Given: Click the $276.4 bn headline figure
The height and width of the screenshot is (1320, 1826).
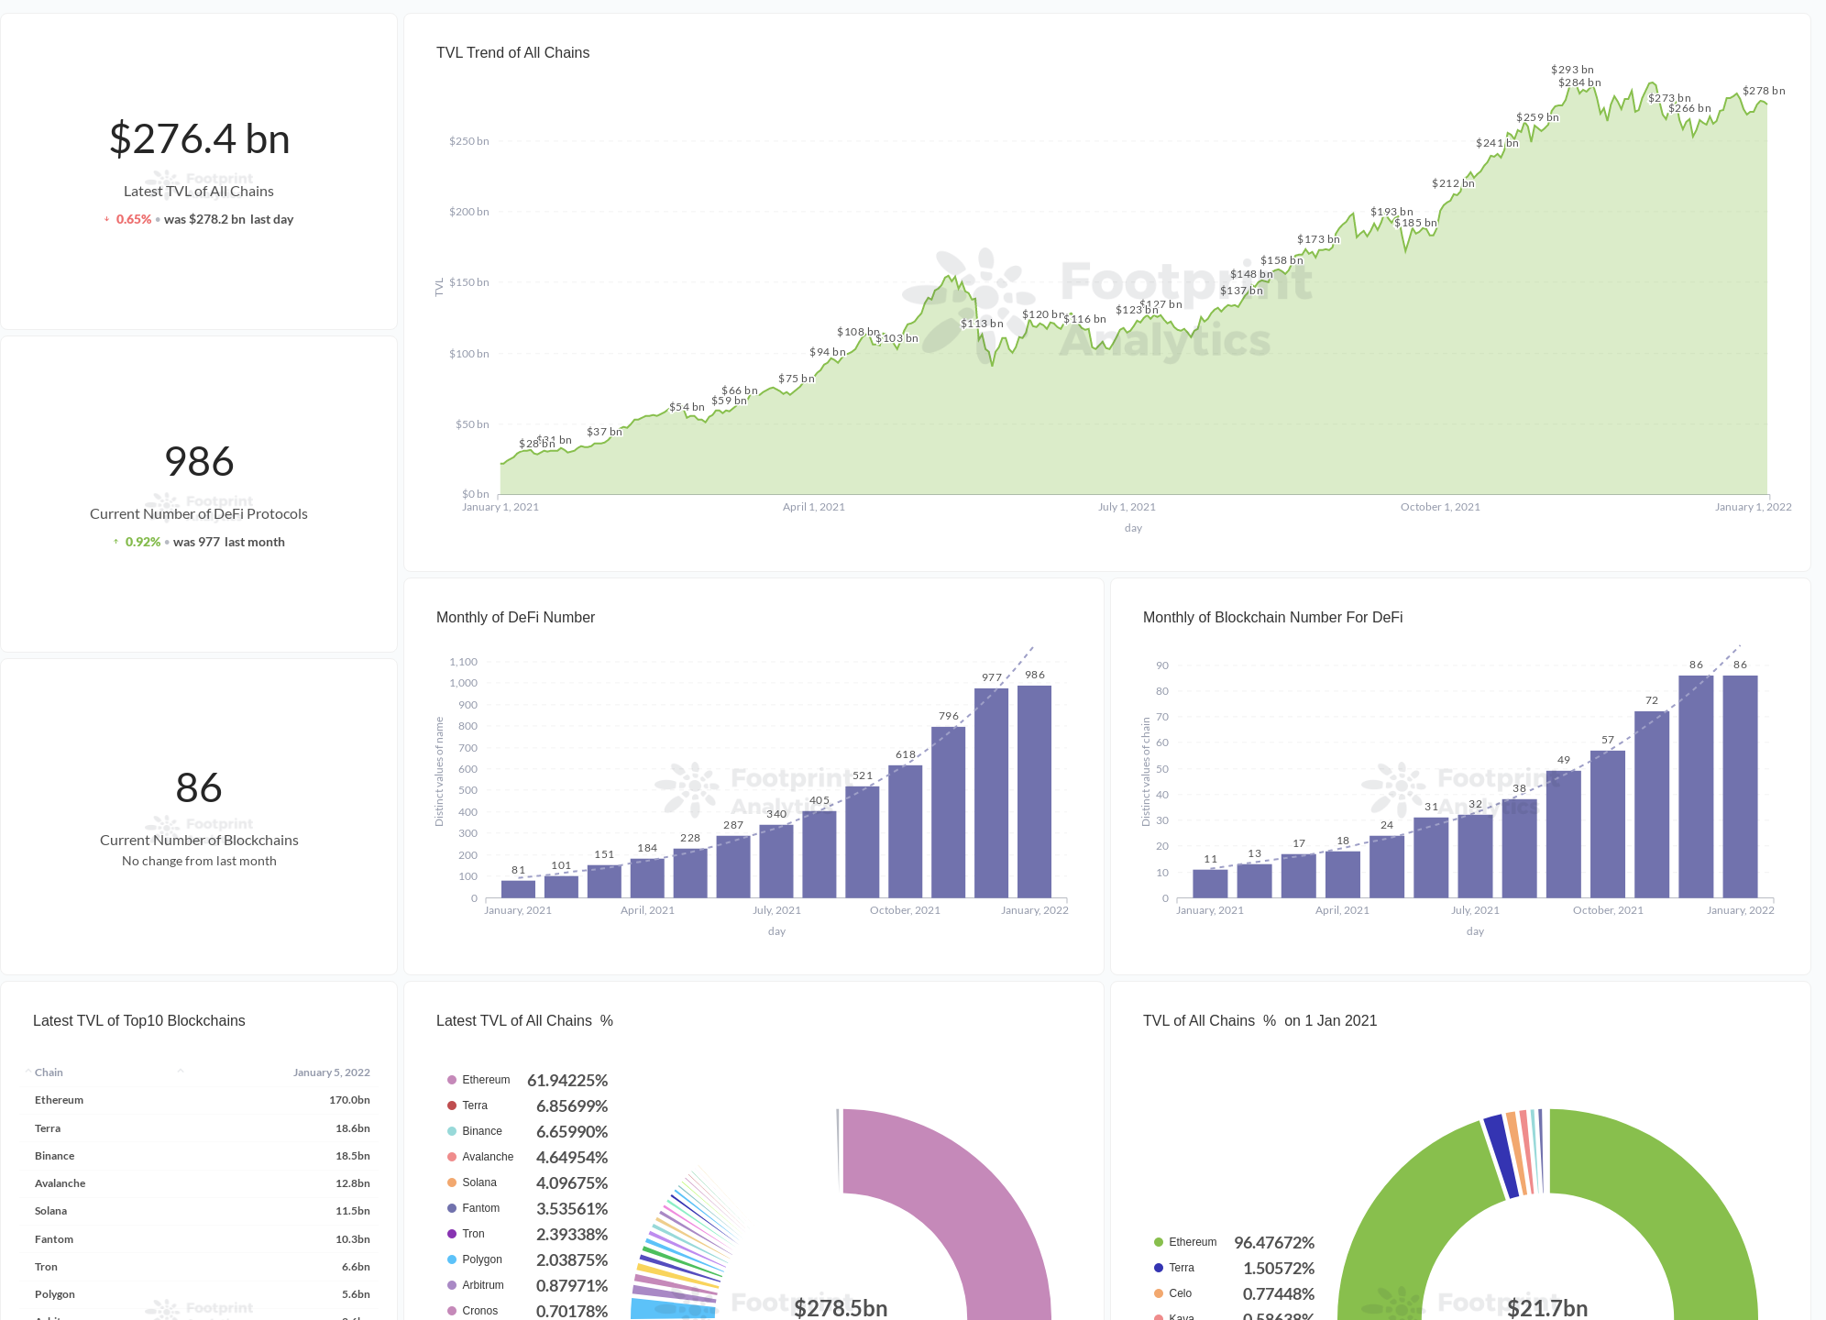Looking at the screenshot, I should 199,139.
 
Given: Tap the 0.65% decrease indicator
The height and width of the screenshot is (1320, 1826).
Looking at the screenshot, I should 133,219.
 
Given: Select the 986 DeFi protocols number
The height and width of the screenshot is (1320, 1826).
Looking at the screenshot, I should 199,461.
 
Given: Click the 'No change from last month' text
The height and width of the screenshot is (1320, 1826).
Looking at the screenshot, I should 199,861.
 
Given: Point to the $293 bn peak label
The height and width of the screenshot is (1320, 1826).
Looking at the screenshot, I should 1571,70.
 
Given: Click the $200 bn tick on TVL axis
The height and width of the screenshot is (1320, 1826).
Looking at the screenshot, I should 468,212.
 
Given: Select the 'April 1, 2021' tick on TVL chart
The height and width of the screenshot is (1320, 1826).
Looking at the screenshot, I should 813,507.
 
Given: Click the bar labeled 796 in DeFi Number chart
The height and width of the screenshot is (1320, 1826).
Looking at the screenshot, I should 948,811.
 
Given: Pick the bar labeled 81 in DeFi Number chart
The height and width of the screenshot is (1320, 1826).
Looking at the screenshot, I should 518,888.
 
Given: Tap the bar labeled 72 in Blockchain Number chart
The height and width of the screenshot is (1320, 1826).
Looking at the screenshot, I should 1651,804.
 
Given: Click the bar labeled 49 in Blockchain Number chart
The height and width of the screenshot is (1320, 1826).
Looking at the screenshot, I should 1563,833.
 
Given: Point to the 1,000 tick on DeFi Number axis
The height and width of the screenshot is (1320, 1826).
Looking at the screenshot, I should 463,683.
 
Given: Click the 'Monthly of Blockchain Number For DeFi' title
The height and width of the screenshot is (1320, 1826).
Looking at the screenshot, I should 1272,618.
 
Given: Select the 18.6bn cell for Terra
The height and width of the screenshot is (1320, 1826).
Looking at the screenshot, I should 352,1128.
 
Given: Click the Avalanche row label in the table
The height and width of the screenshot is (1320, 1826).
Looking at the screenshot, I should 60,1183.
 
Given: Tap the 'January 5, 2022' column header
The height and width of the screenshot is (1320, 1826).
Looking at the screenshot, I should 331,1072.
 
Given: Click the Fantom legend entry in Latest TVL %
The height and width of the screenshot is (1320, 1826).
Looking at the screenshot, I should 480,1208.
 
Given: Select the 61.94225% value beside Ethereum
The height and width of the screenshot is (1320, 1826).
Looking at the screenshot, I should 567,1081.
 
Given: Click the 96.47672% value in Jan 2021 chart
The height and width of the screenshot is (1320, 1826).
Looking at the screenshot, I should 1273,1243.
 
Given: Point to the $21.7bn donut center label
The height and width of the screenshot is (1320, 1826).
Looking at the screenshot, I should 1546,1308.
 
